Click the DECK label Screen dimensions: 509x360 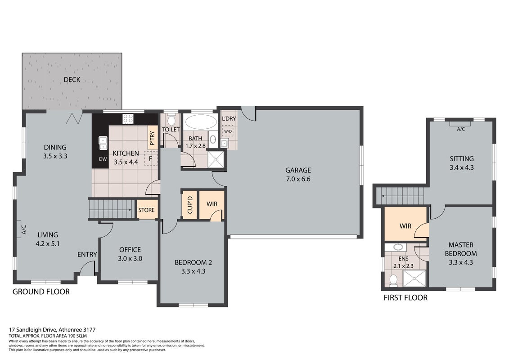coord(72,80)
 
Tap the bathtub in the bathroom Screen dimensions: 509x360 coord(201,122)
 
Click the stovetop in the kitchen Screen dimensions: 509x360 coord(128,118)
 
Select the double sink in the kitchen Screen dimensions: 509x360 coord(103,143)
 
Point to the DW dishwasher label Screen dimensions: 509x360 coord(103,159)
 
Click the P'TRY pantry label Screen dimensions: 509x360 coord(152,138)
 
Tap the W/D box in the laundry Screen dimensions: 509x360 coord(228,131)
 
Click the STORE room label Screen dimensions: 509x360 coord(146,210)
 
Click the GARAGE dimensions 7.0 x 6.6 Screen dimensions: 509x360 coord(298,179)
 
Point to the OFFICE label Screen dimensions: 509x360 coord(130,250)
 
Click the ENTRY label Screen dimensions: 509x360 coord(87,255)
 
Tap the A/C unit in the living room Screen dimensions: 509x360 coord(22,230)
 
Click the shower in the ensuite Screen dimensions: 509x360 coord(414,279)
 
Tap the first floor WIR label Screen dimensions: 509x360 coord(405,226)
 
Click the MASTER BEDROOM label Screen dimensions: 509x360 coord(461,249)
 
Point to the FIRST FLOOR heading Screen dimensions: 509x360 coord(405,297)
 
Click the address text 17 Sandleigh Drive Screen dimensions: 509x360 coord(32,330)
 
